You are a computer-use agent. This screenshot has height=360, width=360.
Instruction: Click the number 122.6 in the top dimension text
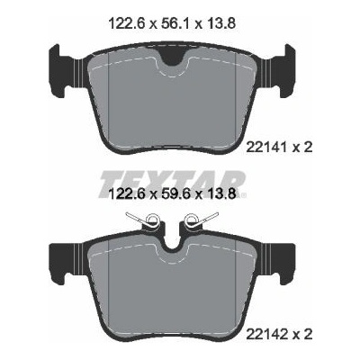[x=127, y=22]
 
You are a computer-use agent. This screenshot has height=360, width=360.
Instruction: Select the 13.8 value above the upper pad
[x=220, y=22]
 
